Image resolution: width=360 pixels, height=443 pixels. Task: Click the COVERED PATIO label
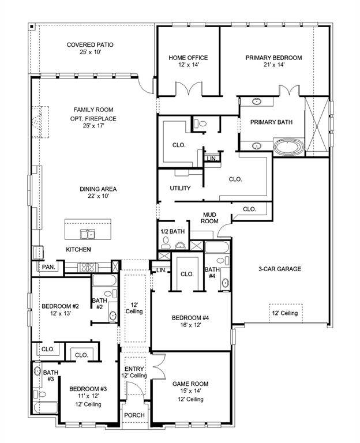(x=89, y=45)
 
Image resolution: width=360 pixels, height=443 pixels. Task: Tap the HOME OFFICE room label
(x=188, y=58)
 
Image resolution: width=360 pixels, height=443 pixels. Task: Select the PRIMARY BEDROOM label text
(x=273, y=58)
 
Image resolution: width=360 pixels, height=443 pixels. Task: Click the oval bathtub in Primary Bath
(x=287, y=147)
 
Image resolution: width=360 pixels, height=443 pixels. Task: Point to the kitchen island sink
(x=88, y=234)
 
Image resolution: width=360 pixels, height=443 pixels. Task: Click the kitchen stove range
(x=87, y=267)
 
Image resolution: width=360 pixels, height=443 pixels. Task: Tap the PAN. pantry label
(x=47, y=268)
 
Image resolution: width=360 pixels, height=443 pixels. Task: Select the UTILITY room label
(x=180, y=189)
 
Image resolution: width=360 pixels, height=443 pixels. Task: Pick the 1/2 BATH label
(x=172, y=231)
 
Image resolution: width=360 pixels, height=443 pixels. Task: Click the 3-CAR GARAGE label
(x=279, y=269)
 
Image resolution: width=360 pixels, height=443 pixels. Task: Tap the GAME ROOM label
(x=190, y=384)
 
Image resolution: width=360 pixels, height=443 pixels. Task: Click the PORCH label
(x=134, y=415)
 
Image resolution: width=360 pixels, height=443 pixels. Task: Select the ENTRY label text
(x=134, y=369)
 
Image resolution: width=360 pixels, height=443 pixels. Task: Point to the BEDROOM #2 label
(x=60, y=306)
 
